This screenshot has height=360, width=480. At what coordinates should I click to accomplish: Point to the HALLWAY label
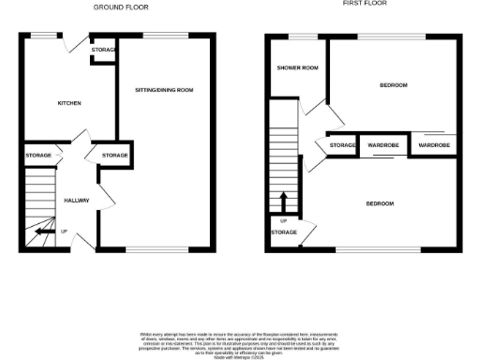pyautogui.click(x=76, y=201)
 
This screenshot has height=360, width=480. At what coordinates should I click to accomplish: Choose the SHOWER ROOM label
pyautogui.click(x=294, y=68)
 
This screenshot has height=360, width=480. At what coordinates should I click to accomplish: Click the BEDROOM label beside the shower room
pyautogui.click(x=394, y=85)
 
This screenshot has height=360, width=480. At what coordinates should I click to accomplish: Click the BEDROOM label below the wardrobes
pyautogui.click(x=380, y=203)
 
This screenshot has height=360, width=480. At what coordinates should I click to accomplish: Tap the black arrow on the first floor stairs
pyautogui.click(x=283, y=202)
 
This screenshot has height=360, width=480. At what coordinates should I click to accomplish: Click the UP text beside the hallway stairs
pyautogui.click(x=64, y=232)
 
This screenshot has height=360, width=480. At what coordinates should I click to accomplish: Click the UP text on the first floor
pyautogui.click(x=283, y=221)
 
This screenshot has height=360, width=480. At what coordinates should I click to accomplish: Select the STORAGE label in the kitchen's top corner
pyautogui.click(x=104, y=49)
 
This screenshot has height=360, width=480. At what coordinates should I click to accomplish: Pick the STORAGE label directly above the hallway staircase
pyautogui.click(x=38, y=155)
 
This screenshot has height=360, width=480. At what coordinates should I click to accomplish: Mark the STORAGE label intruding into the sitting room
pyautogui.click(x=114, y=155)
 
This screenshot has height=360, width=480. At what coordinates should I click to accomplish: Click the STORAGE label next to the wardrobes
pyautogui.click(x=343, y=146)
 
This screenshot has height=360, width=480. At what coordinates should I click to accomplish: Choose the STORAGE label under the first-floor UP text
pyautogui.click(x=284, y=232)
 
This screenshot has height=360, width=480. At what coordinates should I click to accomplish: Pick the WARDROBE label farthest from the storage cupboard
pyautogui.click(x=434, y=146)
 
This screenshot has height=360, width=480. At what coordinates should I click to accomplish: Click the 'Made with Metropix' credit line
pyautogui.click(x=239, y=357)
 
